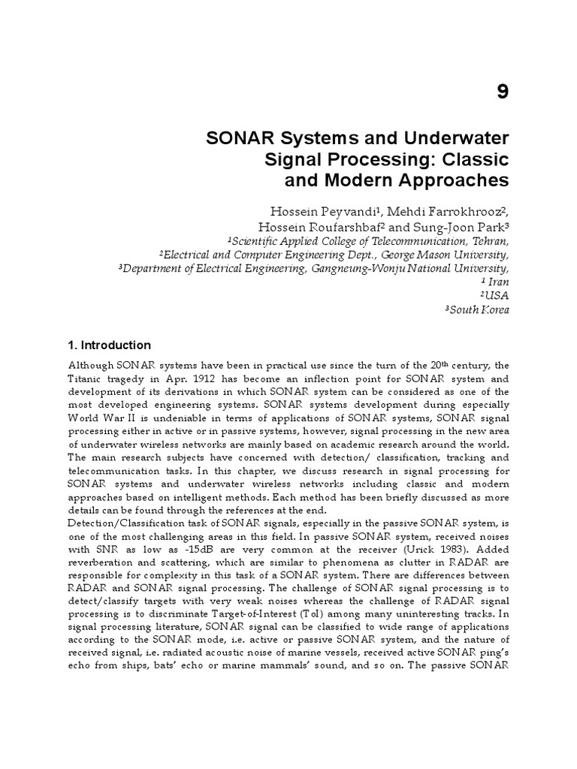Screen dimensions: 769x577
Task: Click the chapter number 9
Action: click(503, 92)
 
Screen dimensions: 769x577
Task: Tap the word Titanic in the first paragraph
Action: click(86, 378)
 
